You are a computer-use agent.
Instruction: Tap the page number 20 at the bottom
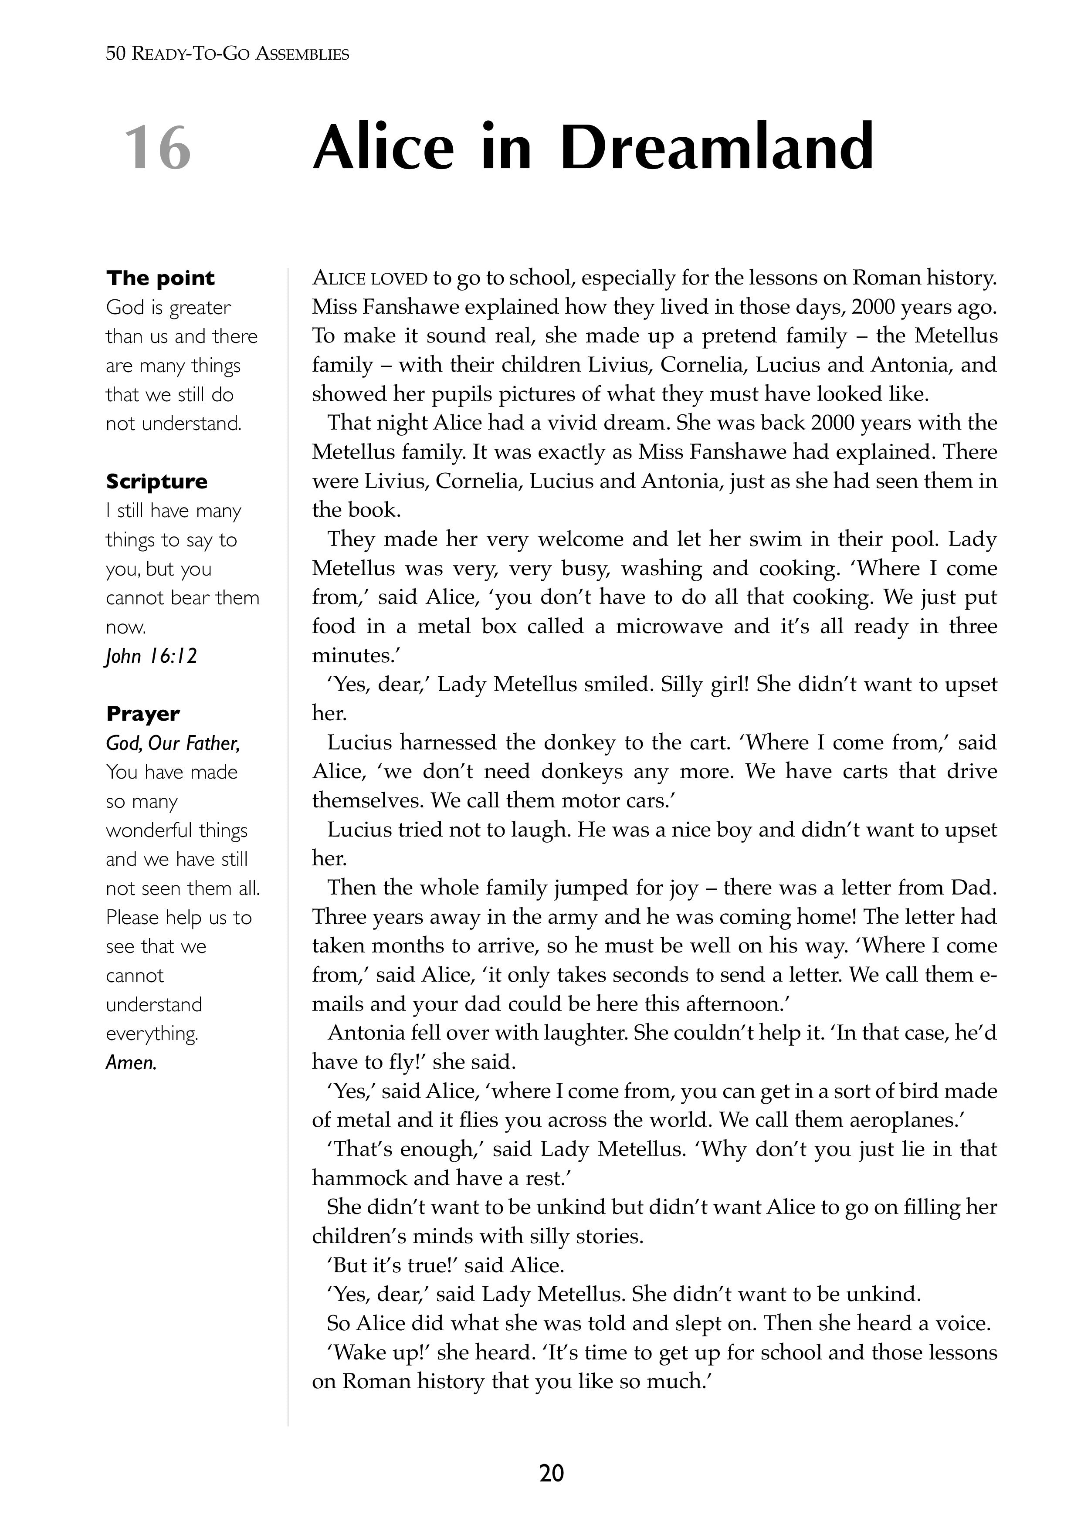[x=551, y=1473]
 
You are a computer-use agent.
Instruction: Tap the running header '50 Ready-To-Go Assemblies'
[x=227, y=54]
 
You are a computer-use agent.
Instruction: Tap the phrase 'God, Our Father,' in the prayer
[x=173, y=743]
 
